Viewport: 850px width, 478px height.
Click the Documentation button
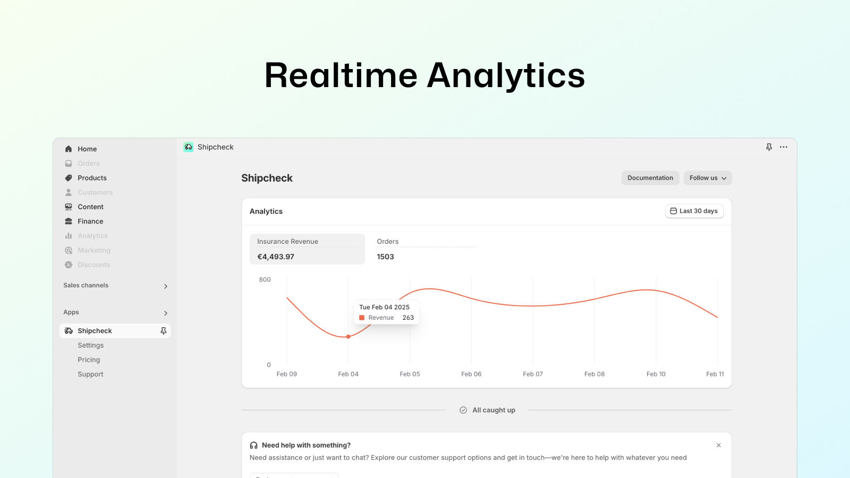coord(650,178)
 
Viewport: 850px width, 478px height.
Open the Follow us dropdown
coord(708,178)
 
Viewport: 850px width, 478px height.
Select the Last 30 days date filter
coord(694,211)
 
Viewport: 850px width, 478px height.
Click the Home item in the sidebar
coord(87,149)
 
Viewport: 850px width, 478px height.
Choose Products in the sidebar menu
coord(92,178)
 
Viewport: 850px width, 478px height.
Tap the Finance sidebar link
coord(90,221)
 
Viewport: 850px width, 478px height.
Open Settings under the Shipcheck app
coord(91,345)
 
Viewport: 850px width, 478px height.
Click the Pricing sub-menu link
coord(89,360)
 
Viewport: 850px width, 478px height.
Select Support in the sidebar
coord(90,374)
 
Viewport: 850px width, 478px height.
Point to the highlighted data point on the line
coord(348,337)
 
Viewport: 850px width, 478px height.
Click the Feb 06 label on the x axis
coord(471,374)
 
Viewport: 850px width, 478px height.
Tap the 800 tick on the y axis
coord(265,279)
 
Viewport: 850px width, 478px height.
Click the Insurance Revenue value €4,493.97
coord(276,257)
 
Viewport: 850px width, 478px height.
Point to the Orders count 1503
coord(385,257)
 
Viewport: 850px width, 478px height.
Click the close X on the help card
coord(719,446)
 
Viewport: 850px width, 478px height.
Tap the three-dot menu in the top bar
coord(784,147)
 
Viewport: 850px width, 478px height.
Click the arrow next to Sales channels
coord(165,286)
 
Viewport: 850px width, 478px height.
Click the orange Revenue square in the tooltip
coord(362,318)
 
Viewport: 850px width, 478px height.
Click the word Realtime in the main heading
coord(341,75)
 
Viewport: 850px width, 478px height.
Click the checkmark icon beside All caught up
coord(463,410)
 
